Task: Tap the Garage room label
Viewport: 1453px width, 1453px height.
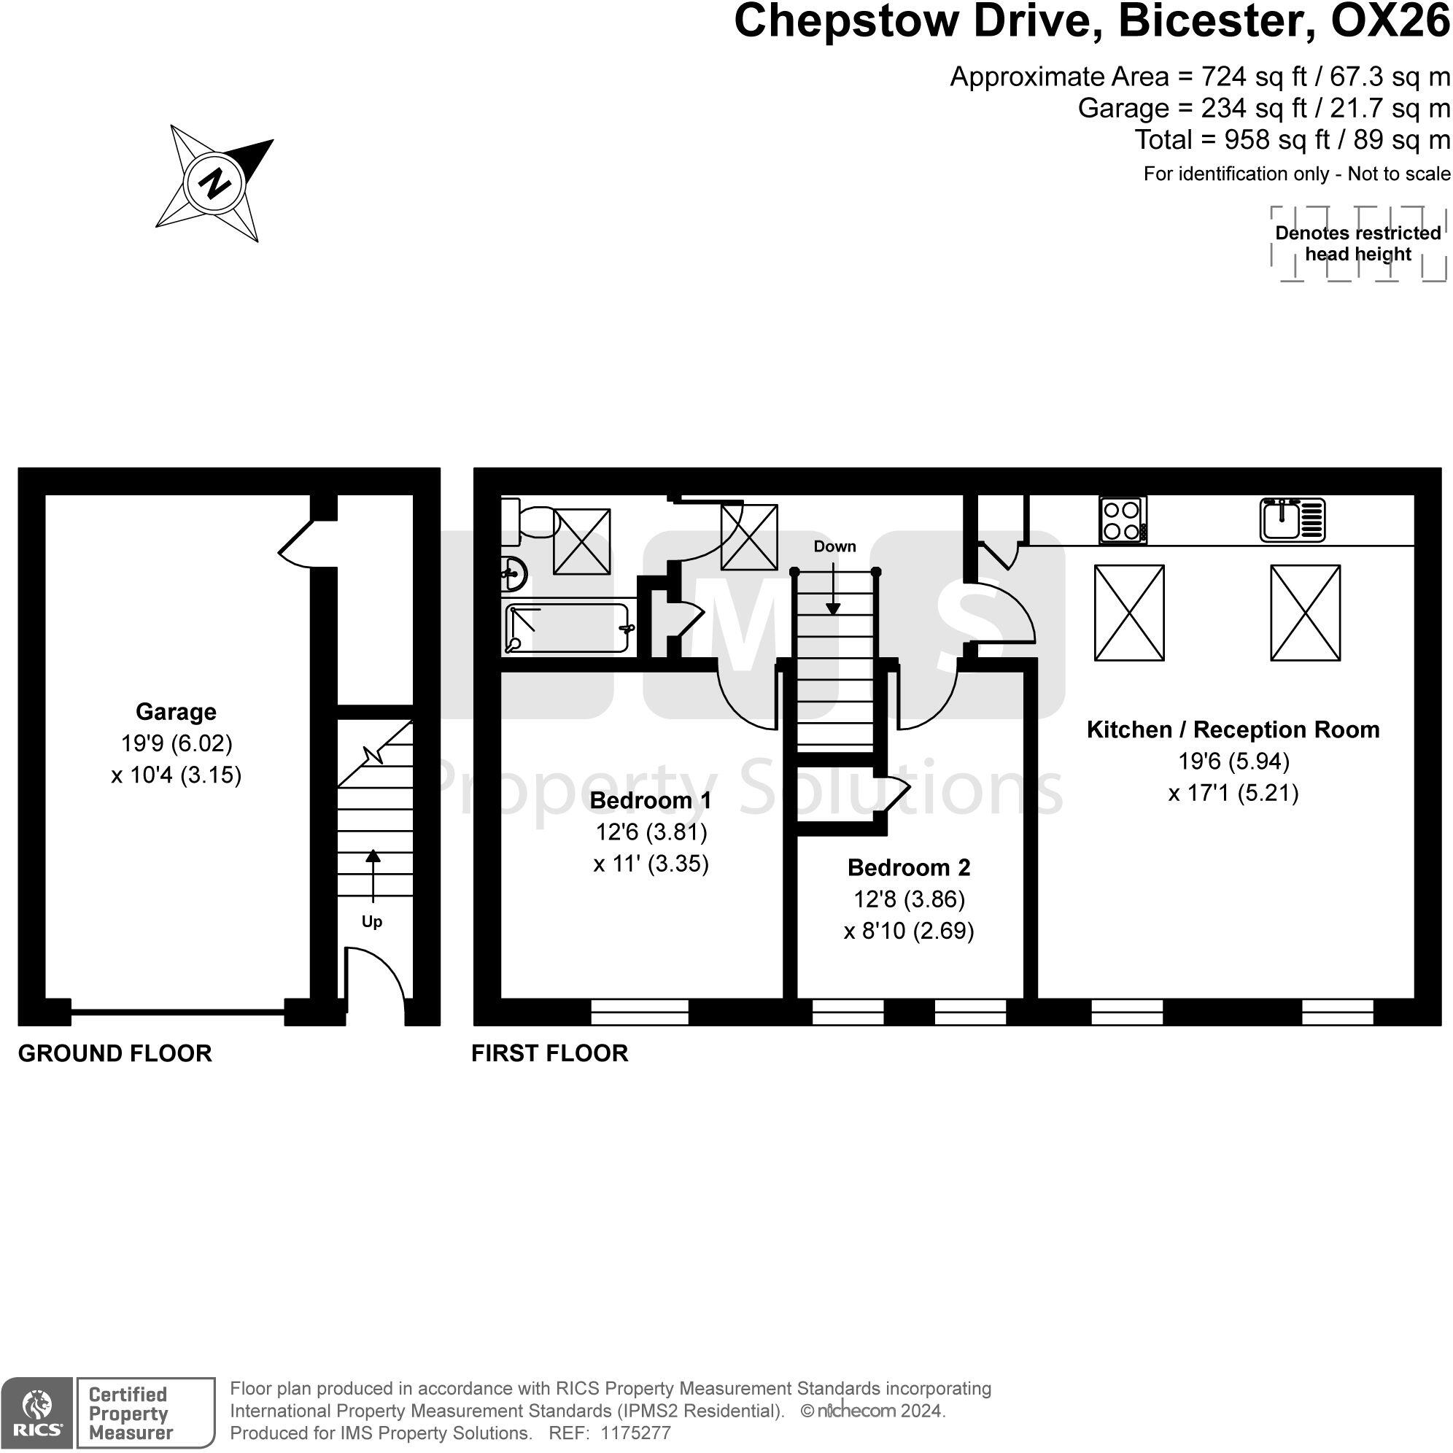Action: [x=176, y=711]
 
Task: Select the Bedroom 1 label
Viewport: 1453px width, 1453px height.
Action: [x=651, y=800]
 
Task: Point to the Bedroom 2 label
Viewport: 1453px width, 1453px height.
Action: [x=909, y=867]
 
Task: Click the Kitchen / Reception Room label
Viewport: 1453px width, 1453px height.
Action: [x=1233, y=729]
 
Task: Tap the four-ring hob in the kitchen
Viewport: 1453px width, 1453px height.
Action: [x=1123, y=520]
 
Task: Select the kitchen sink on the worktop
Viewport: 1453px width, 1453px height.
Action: [x=1293, y=519]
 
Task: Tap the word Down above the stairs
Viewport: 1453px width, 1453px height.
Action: [x=834, y=546]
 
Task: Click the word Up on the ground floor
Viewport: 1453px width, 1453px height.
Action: [x=372, y=922]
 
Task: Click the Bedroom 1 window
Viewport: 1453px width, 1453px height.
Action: [x=639, y=1012]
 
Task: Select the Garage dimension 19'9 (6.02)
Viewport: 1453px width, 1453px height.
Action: [x=177, y=743]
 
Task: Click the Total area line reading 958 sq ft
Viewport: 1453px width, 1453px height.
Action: [x=1293, y=140]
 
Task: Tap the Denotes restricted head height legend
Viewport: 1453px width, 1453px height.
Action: [x=1358, y=244]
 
